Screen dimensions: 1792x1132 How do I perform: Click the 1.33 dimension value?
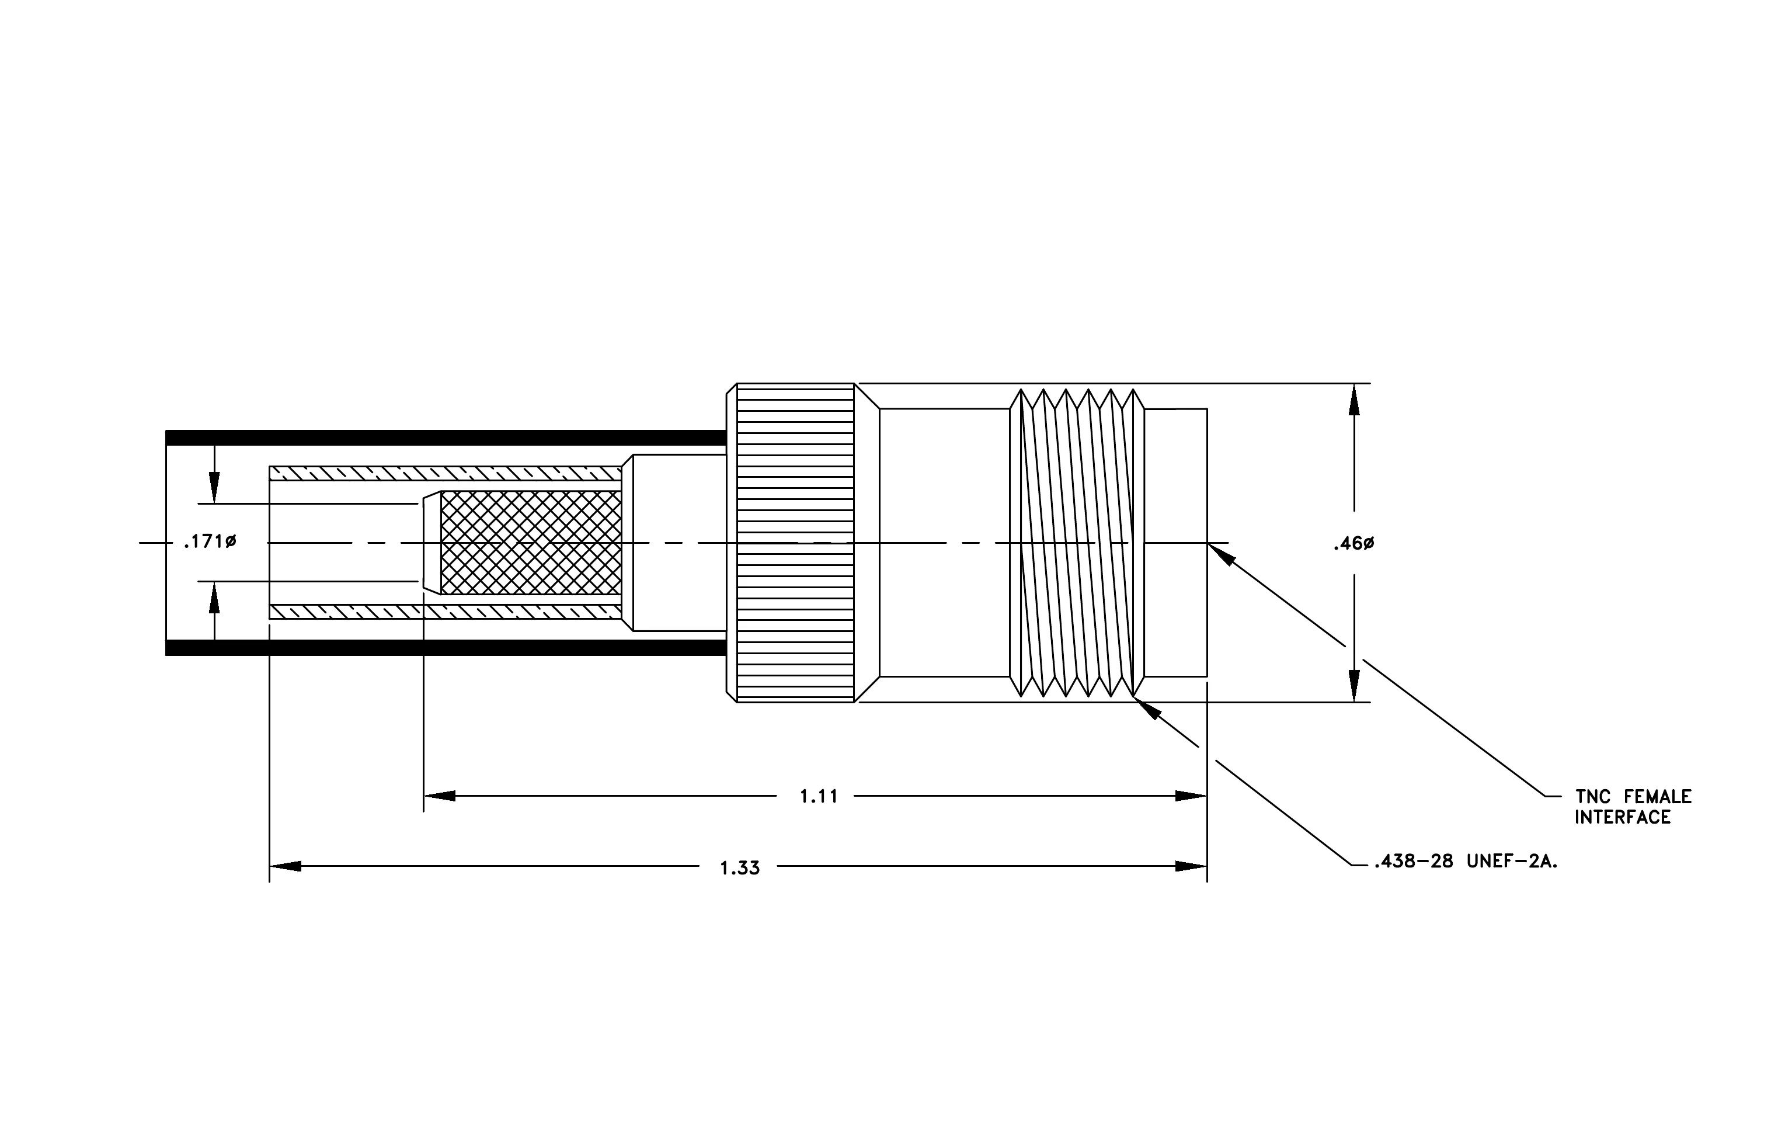point(740,869)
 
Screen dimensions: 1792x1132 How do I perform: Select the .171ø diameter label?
point(210,542)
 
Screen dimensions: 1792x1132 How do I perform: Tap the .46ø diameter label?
point(1353,544)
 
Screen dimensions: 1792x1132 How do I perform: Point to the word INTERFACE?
point(1622,818)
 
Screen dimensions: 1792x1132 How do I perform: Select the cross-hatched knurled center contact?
point(531,543)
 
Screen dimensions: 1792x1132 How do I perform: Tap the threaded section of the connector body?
point(1077,543)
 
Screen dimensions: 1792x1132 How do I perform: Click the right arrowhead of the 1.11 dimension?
point(1191,796)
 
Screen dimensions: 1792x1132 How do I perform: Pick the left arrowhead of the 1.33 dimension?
point(285,866)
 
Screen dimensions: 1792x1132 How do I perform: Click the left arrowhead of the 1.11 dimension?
point(439,796)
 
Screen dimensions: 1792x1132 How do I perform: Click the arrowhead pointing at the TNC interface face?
point(1220,554)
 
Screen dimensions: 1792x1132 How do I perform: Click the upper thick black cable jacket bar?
point(446,437)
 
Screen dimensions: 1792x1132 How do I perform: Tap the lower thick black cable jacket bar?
point(446,648)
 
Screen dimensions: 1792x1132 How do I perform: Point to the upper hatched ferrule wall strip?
point(445,473)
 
